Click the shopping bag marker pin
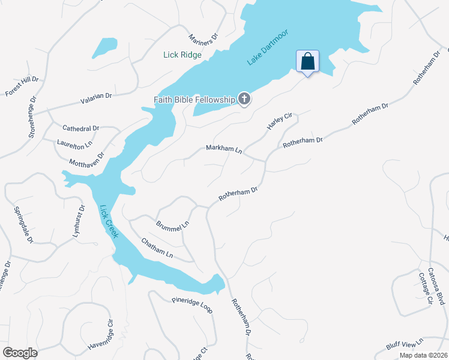click(307, 62)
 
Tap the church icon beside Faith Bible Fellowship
click(244, 99)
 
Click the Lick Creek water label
click(109, 221)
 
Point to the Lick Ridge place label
click(182, 55)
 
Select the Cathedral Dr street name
click(81, 128)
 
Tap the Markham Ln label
click(223, 148)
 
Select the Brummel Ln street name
click(172, 225)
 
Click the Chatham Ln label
click(157, 248)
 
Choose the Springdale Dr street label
click(23, 224)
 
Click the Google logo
click(20, 352)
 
